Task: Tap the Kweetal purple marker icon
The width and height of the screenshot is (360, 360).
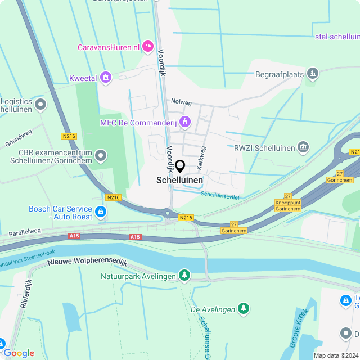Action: click(106, 77)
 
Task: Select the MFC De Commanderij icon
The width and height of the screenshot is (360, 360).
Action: click(185, 121)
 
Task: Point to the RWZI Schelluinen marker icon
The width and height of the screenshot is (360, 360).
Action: click(303, 147)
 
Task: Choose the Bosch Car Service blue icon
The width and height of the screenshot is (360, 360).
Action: click(101, 211)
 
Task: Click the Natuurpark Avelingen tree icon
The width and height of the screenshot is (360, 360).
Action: click(184, 275)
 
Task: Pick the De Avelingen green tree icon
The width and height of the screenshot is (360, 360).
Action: click(243, 308)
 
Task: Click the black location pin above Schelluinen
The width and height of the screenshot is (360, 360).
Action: click(180, 166)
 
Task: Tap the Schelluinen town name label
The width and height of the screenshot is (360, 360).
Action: click(179, 180)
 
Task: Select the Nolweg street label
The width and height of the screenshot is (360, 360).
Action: click(182, 103)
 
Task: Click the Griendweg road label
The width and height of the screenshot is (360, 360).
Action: click(19, 138)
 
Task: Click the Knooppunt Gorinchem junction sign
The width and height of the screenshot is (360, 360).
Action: click(287, 205)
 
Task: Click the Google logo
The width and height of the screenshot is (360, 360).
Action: click(19, 353)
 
